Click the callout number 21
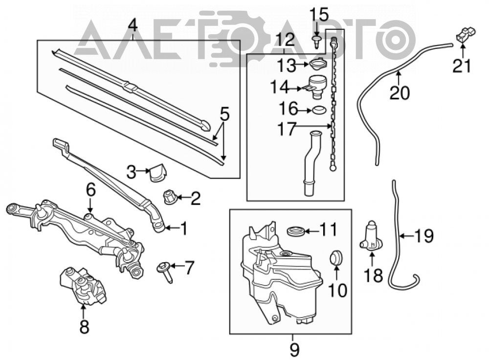(x=462, y=66)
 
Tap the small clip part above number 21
(x=466, y=34)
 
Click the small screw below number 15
(x=316, y=41)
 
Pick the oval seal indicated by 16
(x=319, y=110)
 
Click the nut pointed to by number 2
(x=171, y=198)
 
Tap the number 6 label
(x=90, y=191)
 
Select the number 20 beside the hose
(x=400, y=92)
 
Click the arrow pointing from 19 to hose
(x=407, y=236)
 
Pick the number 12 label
(x=285, y=40)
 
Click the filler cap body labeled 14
(x=315, y=88)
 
